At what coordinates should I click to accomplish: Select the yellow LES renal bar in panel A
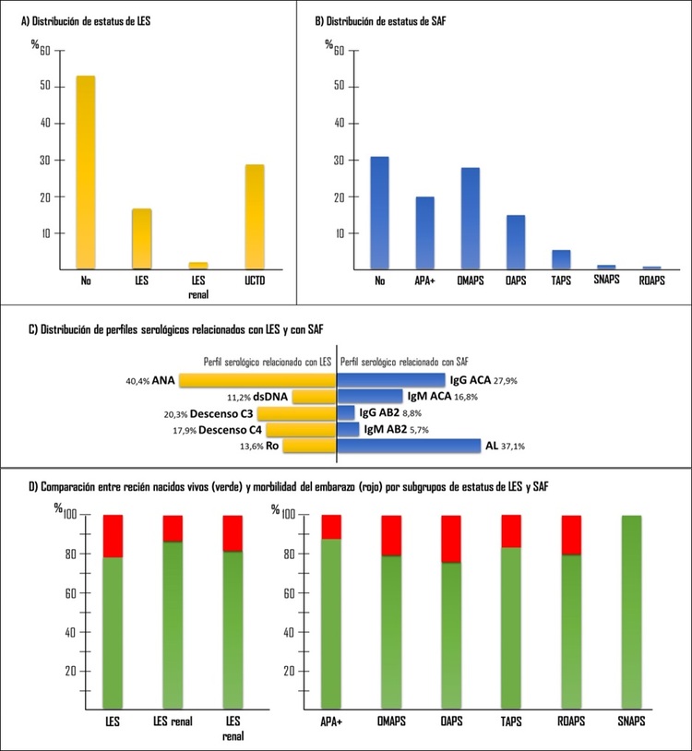pyautogui.click(x=197, y=265)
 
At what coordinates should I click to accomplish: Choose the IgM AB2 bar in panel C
pyautogui.click(x=349, y=429)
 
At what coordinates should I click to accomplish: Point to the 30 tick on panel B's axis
pyautogui.click(x=338, y=160)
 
